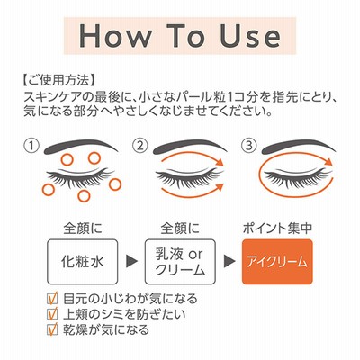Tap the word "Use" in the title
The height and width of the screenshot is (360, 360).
pyautogui.click(x=250, y=35)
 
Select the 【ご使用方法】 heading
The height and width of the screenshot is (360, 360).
pyautogui.click(x=59, y=80)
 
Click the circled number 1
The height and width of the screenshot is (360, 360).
pyautogui.click(x=31, y=146)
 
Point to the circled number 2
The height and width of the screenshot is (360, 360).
pyautogui.click(x=140, y=146)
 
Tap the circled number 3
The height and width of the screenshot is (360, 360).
pyautogui.click(x=249, y=146)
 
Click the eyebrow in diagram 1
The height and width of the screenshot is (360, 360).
pyautogui.click(x=81, y=146)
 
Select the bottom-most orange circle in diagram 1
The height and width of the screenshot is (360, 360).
pyautogui.click(x=84, y=195)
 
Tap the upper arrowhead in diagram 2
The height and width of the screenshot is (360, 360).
pyautogui.click(x=220, y=162)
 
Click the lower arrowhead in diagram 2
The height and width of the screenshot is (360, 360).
pyautogui.click(x=220, y=187)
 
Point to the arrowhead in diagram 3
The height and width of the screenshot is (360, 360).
pyautogui.click(x=328, y=162)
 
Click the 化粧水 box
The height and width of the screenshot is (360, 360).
pyautogui.click(x=82, y=262)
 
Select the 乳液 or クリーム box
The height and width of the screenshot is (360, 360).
pyautogui.click(x=180, y=262)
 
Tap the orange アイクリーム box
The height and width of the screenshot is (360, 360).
pyautogui.click(x=277, y=262)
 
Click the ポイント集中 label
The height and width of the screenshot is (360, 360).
pyautogui.click(x=277, y=229)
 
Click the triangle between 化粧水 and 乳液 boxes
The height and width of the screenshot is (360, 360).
pyautogui.click(x=131, y=261)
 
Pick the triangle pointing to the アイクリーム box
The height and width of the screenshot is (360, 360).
pyautogui.click(x=229, y=261)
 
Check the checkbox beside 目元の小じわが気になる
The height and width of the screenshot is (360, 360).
pyautogui.click(x=52, y=299)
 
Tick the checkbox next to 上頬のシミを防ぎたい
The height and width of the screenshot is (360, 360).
pyautogui.click(x=52, y=314)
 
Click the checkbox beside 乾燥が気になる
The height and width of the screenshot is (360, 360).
pyautogui.click(x=52, y=329)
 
